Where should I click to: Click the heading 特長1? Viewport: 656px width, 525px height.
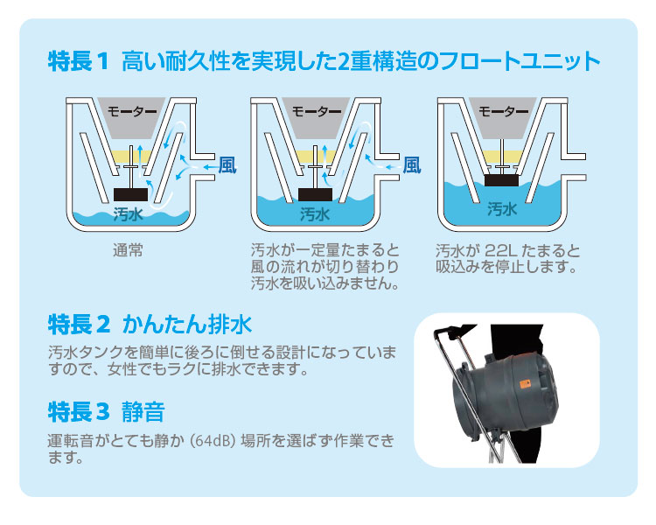(78, 62)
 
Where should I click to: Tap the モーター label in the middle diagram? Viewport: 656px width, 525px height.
(316, 111)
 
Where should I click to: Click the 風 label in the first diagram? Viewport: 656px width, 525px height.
(227, 164)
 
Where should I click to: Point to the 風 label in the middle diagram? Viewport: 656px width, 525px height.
(412, 164)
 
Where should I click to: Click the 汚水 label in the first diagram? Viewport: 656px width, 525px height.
(128, 213)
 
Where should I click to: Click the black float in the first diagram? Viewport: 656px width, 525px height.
(132, 193)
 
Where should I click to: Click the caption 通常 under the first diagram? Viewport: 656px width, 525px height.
(128, 250)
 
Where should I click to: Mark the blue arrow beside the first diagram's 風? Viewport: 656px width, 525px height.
(207, 165)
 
